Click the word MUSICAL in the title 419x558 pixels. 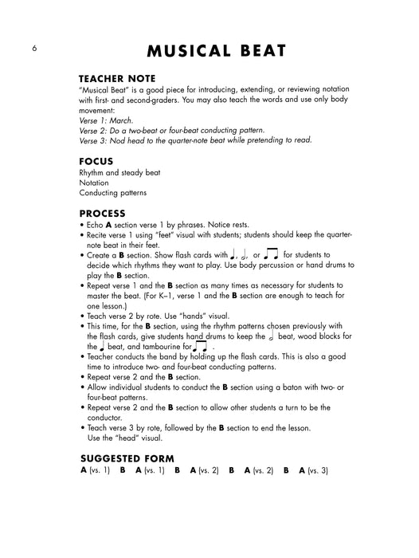pos(192,52)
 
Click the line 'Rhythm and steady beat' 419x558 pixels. pos(119,172)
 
